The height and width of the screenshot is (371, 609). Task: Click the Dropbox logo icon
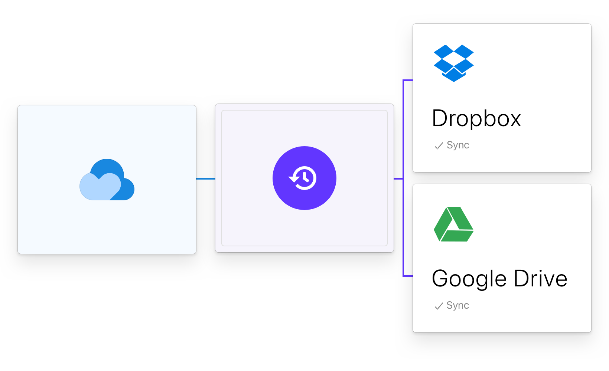453,63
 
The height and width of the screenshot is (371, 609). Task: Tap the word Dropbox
476,119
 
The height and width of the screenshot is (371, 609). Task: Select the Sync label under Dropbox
458,145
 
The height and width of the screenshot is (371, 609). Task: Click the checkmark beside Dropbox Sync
439,146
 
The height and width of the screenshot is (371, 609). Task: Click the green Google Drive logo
453,224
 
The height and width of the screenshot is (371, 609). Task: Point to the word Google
469,279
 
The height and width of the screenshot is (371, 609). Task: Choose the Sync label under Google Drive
458,305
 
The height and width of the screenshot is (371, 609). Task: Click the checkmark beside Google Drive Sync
439,306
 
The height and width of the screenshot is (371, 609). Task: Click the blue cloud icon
107,180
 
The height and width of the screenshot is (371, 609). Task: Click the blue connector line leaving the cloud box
206,179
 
